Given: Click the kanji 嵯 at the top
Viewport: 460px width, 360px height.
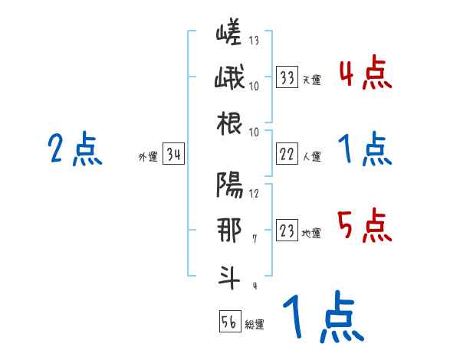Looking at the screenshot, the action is coord(229,34).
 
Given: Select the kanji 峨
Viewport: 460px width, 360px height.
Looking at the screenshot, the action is coord(229,78).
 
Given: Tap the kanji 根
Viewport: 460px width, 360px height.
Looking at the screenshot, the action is coord(229,123).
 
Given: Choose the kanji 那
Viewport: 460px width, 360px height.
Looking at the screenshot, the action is coord(229,230).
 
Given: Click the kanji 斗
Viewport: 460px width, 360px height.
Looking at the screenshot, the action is coord(229,276).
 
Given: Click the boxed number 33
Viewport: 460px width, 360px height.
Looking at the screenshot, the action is coord(287,77).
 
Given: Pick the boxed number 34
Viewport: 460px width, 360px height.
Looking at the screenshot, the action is coord(173,155).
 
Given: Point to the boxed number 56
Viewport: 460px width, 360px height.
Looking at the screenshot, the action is coord(229,322).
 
